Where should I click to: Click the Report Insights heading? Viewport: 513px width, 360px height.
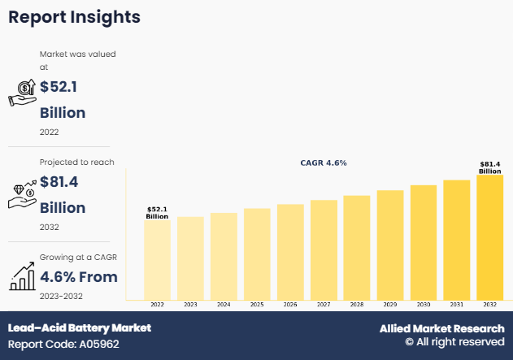coord(74,17)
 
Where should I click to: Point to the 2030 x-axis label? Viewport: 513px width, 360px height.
coord(423,304)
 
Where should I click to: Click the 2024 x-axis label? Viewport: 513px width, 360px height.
coord(224,304)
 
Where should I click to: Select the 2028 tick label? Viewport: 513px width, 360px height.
coord(356,304)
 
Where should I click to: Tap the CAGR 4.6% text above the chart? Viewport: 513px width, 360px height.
coord(324,163)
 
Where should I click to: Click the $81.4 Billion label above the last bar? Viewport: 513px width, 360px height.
coord(489,167)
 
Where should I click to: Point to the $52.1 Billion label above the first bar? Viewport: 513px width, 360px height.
coord(157,213)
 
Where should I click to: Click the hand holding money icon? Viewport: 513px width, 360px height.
coord(22,93)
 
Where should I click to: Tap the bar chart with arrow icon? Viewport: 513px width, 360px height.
coord(22,276)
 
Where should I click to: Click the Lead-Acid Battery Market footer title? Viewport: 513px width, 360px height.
coord(80,328)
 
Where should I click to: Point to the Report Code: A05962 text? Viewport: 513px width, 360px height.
coord(64,344)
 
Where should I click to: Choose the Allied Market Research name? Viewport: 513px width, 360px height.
coord(441,328)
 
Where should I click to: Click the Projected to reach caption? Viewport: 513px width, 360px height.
coord(77,163)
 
